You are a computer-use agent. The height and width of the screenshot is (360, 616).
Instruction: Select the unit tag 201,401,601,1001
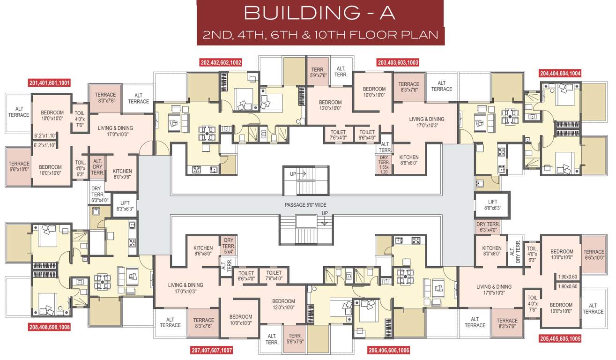[50, 83]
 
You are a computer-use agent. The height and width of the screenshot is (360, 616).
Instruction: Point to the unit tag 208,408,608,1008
[49, 327]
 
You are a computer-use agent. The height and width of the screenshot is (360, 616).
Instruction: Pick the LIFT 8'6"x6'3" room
[492, 204]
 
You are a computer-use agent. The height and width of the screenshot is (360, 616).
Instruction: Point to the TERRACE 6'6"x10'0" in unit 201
[19, 166]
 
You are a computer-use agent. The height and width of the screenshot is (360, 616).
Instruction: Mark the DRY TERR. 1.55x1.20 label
[384, 165]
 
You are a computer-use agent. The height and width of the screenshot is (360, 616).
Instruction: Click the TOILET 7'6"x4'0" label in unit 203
[338, 135]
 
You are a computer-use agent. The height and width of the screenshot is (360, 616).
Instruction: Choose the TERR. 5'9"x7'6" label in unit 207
[295, 339]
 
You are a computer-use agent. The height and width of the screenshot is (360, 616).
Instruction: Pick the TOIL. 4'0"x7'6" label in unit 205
[532, 300]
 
